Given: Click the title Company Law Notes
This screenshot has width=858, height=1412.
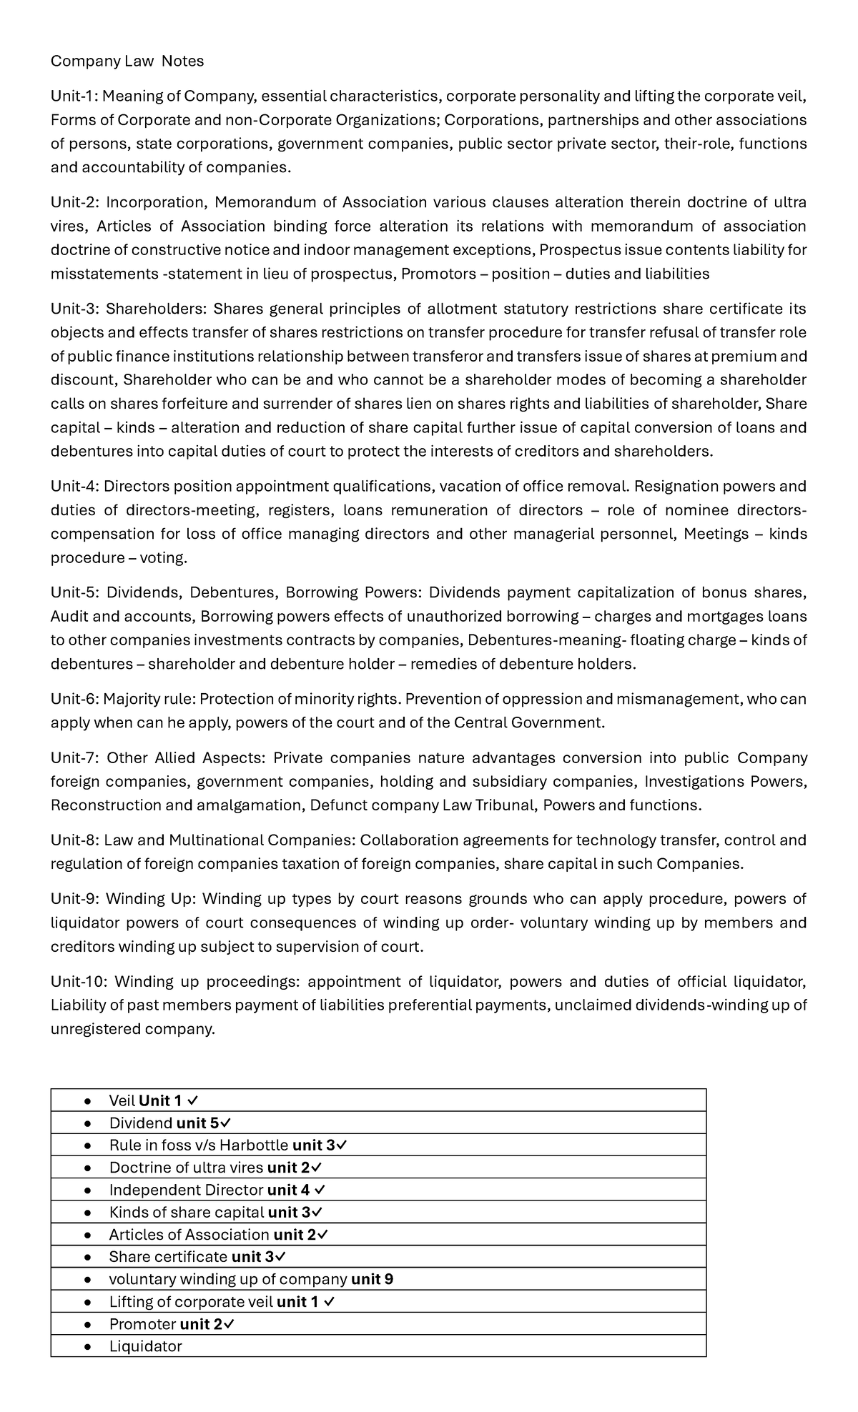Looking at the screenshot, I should (127, 61).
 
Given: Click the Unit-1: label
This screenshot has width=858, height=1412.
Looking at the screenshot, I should (75, 96).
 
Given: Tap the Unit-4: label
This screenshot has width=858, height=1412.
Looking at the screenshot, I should (75, 487).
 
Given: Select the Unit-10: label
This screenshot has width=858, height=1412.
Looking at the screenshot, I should (79, 982).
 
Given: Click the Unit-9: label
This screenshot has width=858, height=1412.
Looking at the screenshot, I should (75, 899).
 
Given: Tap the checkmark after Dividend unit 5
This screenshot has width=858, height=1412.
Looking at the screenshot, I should (225, 1123).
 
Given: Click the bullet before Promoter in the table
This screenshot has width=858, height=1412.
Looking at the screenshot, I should (87, 1324).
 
